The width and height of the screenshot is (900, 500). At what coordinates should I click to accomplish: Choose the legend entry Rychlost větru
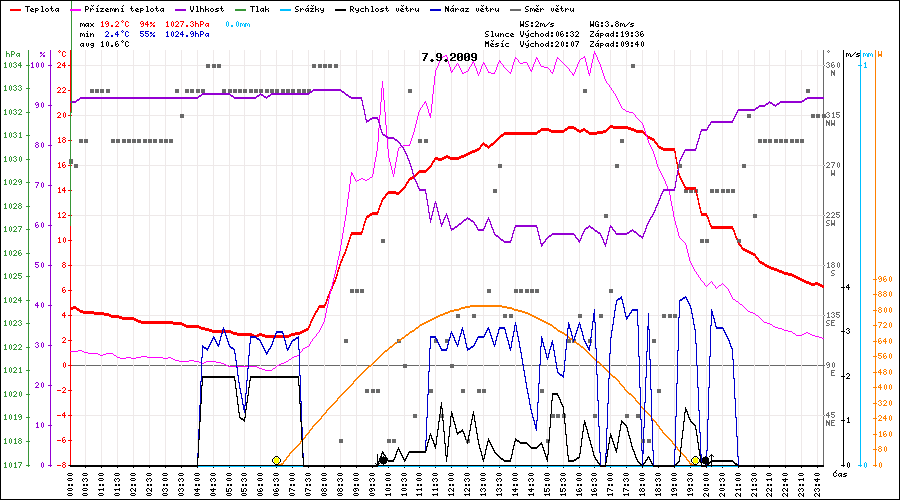click(x=385, y=8)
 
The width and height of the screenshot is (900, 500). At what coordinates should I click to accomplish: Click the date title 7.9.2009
click(x=449, y=57)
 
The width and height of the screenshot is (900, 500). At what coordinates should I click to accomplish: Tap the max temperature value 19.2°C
click(x=116, y=22)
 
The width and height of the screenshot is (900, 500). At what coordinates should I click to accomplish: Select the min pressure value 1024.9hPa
click(x=190, y=33)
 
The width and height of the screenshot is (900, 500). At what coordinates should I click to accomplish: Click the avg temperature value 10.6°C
click(x=116, y=44)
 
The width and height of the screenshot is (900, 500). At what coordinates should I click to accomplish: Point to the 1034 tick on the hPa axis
click(x=12, y=65)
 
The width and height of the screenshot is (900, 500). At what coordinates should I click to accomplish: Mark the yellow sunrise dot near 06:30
click(x=276, y=460)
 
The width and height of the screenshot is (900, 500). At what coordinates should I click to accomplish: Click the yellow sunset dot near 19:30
click(x=695, y=460)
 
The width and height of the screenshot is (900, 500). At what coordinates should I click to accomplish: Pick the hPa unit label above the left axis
click(x=12, y=54)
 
